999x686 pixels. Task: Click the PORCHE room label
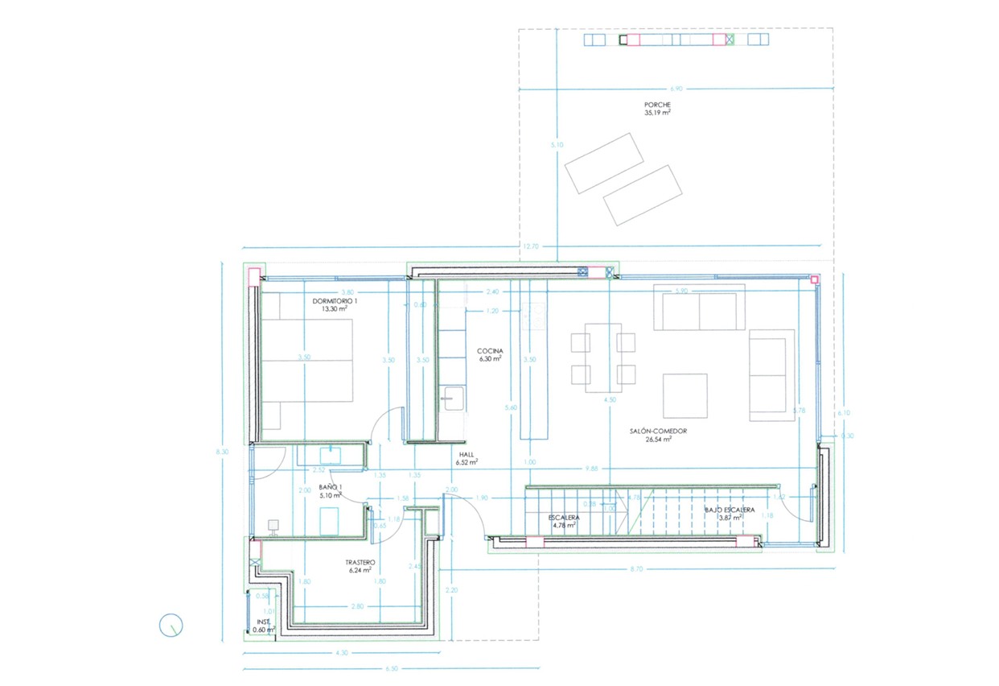[x=657, y=105]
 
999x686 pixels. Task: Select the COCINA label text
[x=490, y=351]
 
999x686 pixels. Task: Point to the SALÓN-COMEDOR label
[x=658, y=431]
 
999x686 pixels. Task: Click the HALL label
[x=467, y=453]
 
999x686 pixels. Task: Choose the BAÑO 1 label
[x=330, y=488]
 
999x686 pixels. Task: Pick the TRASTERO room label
[x=359, y=562]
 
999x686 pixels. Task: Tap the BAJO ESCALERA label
[x=730, y=510]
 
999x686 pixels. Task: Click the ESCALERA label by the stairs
[x=565, y=517]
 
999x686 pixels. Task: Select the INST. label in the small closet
[x=262, y=622]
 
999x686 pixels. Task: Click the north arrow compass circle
[x=171, y=625]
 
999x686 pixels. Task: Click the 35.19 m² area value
[x=657, y=114]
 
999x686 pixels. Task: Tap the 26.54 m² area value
[x=658, y=440]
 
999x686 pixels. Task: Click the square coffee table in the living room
[x=684, y=395]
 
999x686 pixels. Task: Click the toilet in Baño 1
[x=273, y=527]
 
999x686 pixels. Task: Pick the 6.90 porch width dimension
[x=676, y=88]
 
